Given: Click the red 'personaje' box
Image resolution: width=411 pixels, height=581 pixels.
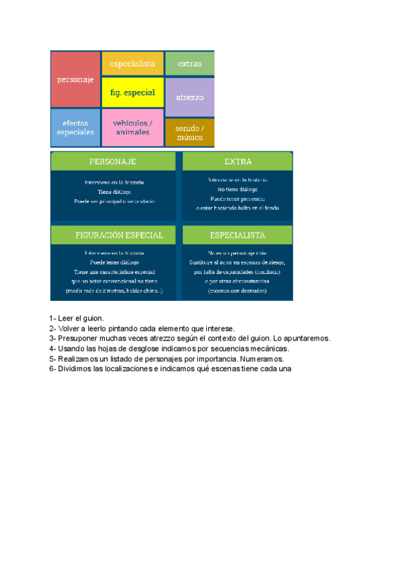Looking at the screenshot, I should pos(75,79).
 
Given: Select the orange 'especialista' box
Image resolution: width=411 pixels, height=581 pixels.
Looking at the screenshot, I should pos(133,63).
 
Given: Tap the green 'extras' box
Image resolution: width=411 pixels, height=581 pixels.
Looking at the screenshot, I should pos(190,64).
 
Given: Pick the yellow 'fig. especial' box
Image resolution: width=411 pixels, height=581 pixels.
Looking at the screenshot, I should pos(133,92).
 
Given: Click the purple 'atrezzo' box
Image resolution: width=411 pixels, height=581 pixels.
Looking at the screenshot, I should pos(190,97).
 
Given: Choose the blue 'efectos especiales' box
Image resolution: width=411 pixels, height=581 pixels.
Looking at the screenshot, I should pos(75,127).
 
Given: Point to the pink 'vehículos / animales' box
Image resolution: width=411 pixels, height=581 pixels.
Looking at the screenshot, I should pos(133,127).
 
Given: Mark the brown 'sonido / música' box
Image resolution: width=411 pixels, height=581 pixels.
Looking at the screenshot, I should pos(190,132).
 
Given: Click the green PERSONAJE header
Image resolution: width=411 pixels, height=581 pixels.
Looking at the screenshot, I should pos(113,162).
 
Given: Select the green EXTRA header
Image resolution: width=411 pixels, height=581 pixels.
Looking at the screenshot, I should pos(238,162).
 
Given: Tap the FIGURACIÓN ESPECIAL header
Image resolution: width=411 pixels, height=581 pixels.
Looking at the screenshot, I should pos(113,235).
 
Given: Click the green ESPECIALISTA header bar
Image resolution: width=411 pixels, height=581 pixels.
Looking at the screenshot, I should pos(238,235).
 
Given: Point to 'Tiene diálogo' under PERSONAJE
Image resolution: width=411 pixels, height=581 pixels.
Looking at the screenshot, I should pos(114,193).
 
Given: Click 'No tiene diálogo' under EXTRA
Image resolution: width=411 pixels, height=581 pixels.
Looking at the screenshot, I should pos(238,189).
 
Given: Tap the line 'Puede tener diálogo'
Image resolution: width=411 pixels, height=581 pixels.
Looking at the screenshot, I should pos(114,262).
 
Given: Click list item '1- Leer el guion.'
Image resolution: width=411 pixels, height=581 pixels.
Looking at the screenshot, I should pos(77,319).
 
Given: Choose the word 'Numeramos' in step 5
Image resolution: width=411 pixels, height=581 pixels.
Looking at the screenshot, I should pos(262,358).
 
